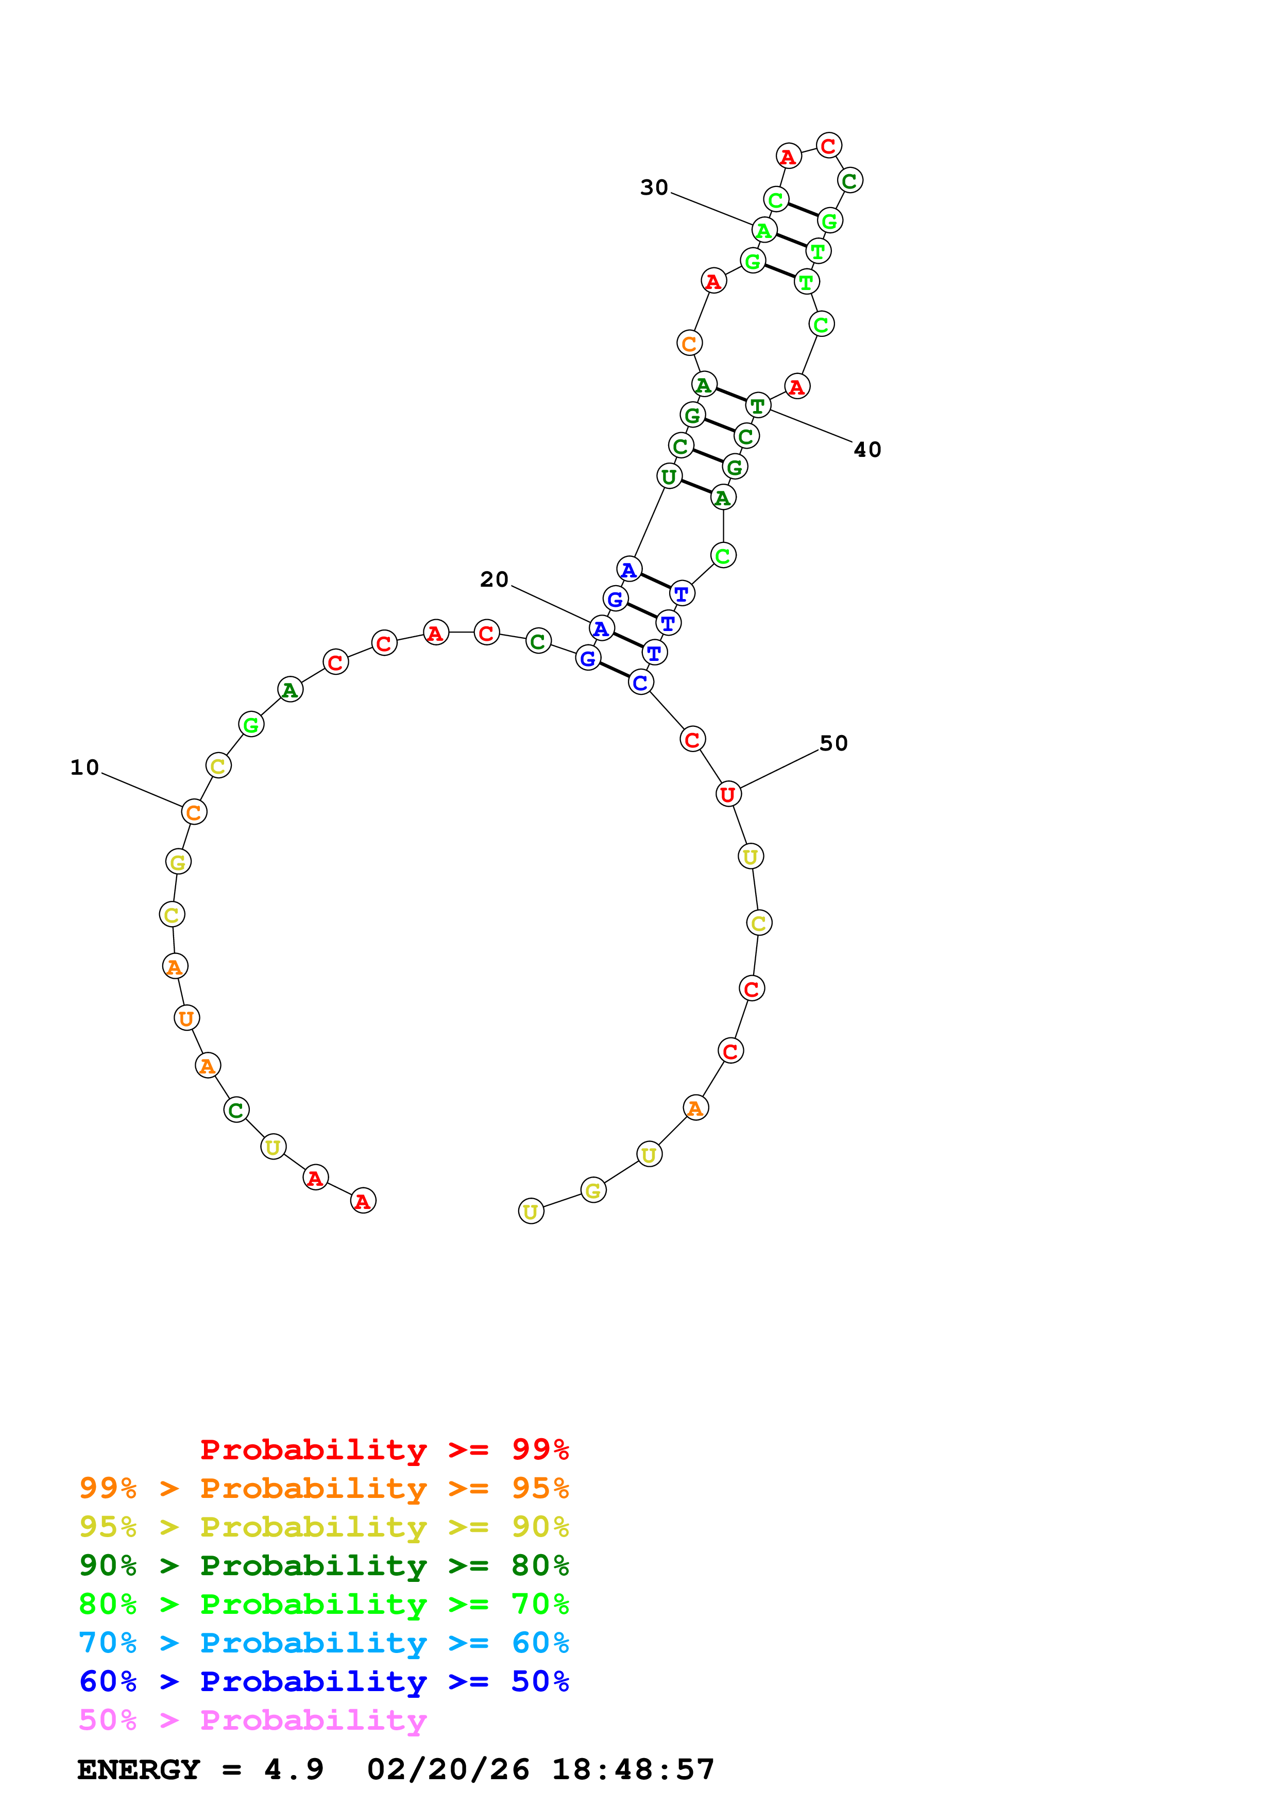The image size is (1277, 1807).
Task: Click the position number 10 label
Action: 85,768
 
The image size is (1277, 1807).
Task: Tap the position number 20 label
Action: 494,579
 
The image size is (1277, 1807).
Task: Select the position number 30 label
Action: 654,187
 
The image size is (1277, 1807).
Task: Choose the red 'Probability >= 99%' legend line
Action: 384,1449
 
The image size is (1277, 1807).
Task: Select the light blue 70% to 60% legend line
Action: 323,1643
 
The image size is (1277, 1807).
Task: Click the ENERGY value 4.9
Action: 294,1769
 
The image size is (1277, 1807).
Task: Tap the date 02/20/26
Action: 448,1769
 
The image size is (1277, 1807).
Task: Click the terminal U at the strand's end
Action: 531,1211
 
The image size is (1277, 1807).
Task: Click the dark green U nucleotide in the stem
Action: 669,475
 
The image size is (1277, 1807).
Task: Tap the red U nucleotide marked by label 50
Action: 728,794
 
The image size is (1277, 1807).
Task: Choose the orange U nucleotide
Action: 186,1018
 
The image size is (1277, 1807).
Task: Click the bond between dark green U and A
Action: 695,486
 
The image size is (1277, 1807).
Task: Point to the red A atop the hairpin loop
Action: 788,156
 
